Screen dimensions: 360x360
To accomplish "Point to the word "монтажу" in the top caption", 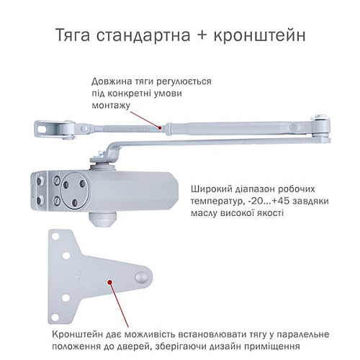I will coord(110,105).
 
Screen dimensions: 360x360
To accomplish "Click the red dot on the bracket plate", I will coord(110,282).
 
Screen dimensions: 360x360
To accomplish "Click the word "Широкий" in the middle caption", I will coord(210,189).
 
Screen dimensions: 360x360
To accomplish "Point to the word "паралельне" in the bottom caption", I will coord(301,335).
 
